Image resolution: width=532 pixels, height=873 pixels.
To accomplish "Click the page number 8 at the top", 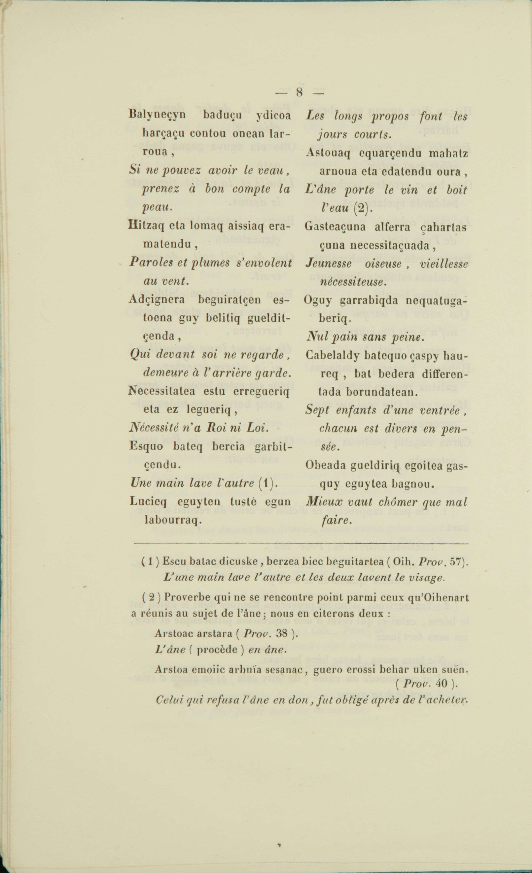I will (300, 93).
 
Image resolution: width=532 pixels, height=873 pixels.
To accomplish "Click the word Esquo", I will (146, 446).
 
